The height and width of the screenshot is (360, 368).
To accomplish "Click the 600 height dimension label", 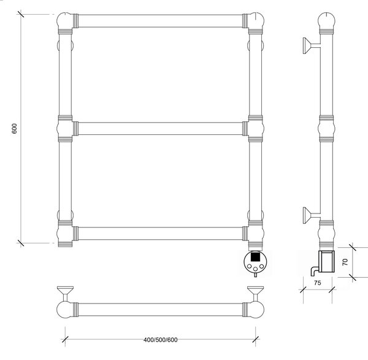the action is (15, 128).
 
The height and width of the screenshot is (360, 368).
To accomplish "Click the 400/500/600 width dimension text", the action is (161, 340).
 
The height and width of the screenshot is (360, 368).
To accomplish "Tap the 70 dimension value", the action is (345, 262).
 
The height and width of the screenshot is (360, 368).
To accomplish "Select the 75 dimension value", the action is (317, 283).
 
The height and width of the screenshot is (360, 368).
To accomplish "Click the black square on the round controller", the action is (255, 256).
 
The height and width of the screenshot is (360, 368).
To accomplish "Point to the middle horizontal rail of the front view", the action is (160, 128).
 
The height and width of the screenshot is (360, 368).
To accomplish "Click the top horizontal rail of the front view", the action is (160, 21).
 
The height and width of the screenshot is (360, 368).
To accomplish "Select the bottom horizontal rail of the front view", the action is (160, 234).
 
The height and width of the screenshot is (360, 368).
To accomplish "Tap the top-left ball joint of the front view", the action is (64, 21).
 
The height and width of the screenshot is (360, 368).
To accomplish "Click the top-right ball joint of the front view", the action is (256, 21).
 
